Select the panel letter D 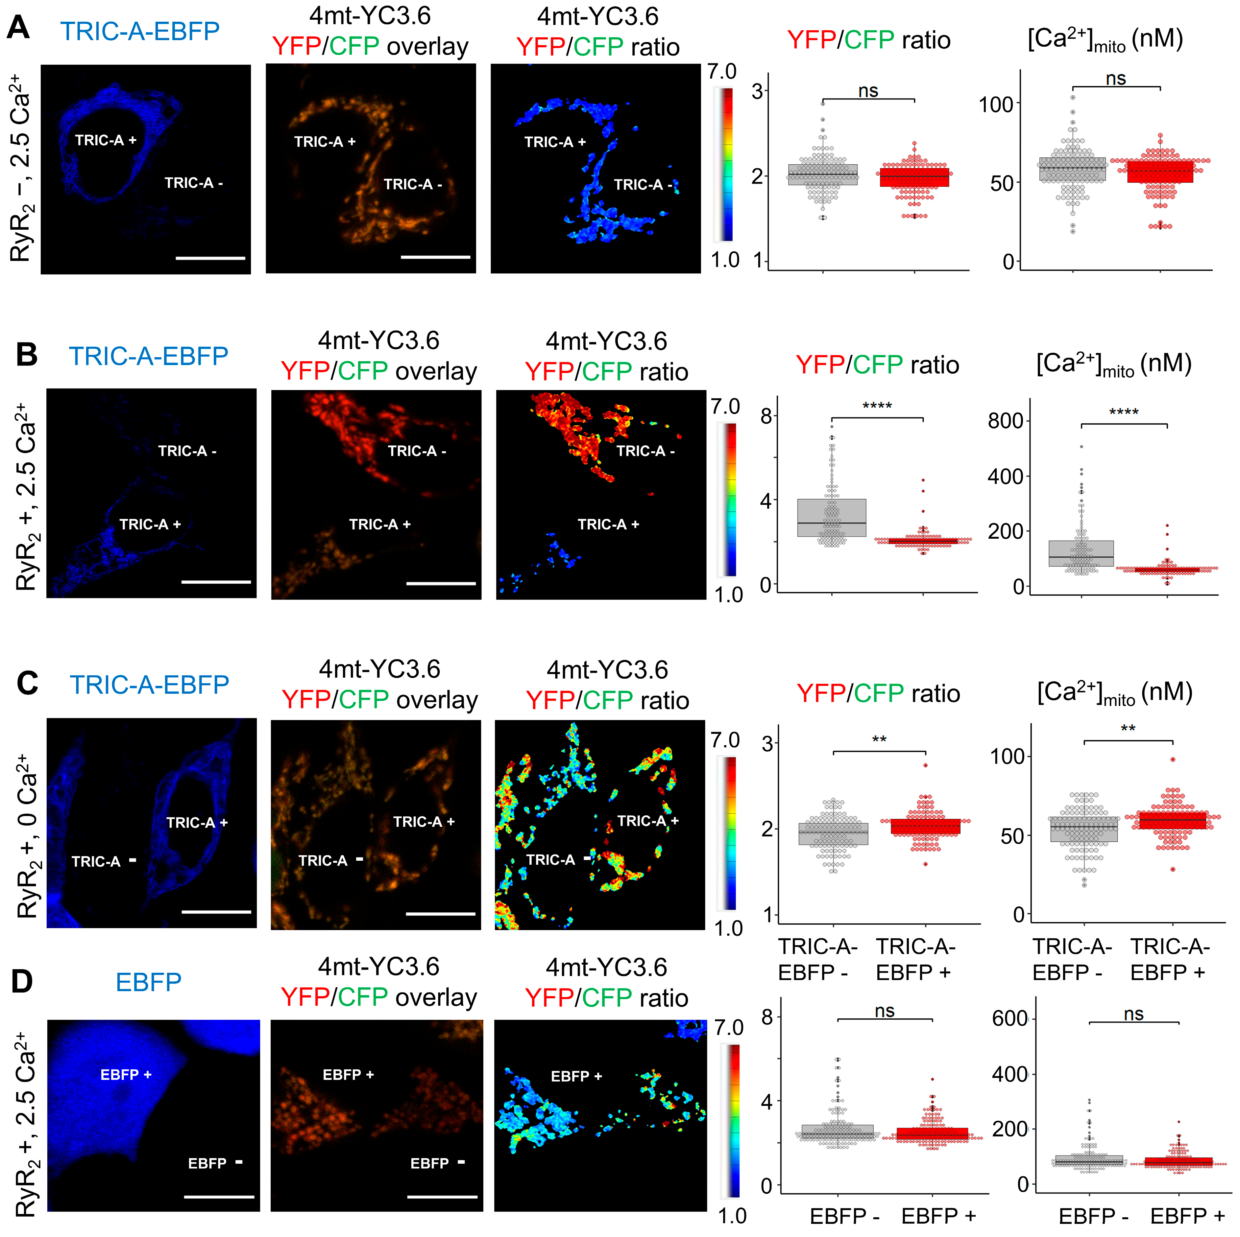click(22, 981)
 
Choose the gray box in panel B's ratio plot click(832, 517)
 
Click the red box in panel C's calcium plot click(1173, 821)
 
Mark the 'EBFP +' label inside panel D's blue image click(126, 1075)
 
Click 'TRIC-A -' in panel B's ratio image click(645, 451)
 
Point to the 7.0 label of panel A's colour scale click(722, 72)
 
